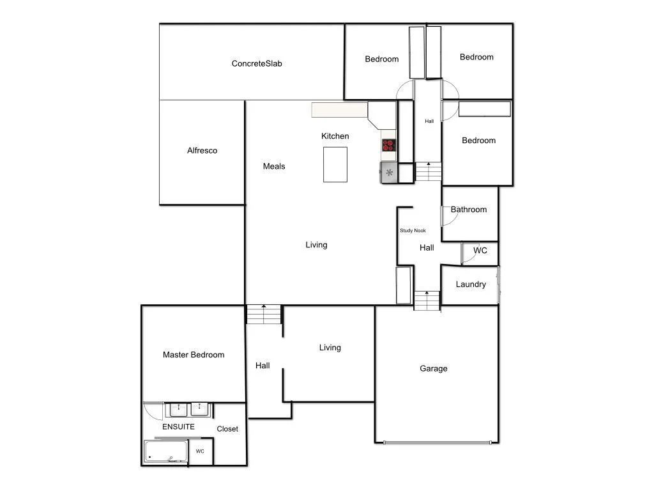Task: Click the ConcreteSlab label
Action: pos(257,63)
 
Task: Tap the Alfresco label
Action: pos(202,151)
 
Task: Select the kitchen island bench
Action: pos(335,164)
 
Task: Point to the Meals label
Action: pos(274,166)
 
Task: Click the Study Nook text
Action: pos(413,231)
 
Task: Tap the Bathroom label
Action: pos(469,210)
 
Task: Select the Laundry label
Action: pos(471,284)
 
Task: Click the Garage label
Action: pos(434,368)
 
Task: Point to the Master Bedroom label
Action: pos(194,355)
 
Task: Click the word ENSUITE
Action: pos(178,426)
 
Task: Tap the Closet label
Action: pos(227,429)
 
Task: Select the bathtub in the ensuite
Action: pos(166,451)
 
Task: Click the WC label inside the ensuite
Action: pos(200,451)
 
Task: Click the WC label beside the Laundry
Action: pos(480,251)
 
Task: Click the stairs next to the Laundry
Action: pos(427,300)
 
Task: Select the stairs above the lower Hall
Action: pos(264,315)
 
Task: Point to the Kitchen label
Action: pos(335,136)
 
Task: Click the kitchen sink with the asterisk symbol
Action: pos(389,172)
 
